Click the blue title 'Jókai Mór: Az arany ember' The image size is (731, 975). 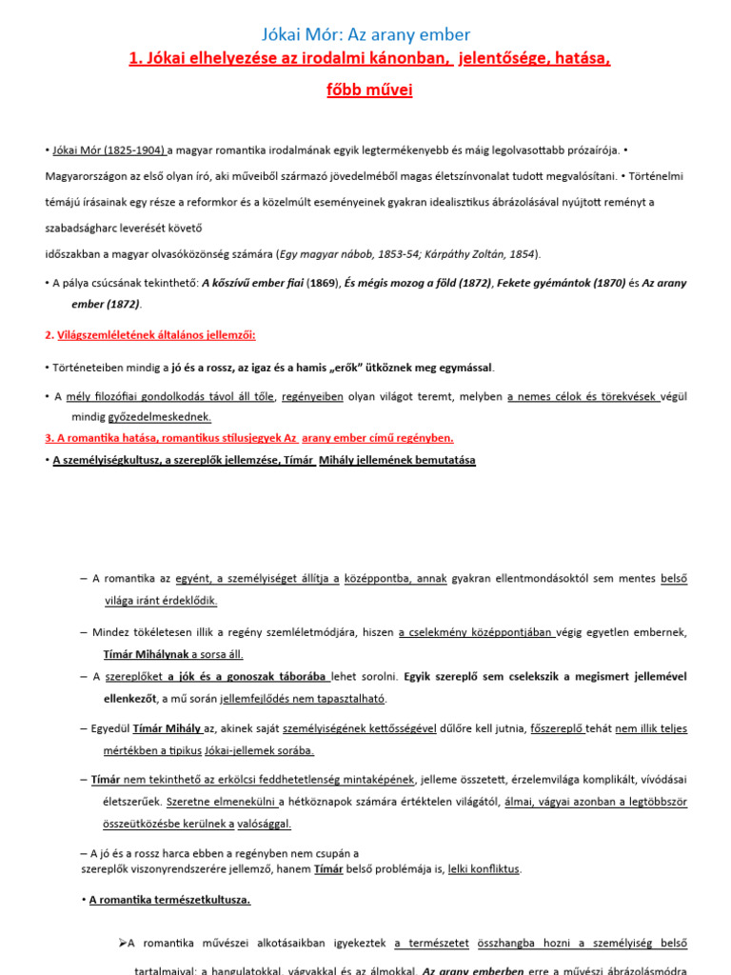click(x=365, y=35)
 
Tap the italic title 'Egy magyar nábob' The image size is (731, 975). click(x=325, y=254)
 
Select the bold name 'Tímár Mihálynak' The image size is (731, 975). click(x=147, y=654)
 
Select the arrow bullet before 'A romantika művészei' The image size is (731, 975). click(x=122, y=943)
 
